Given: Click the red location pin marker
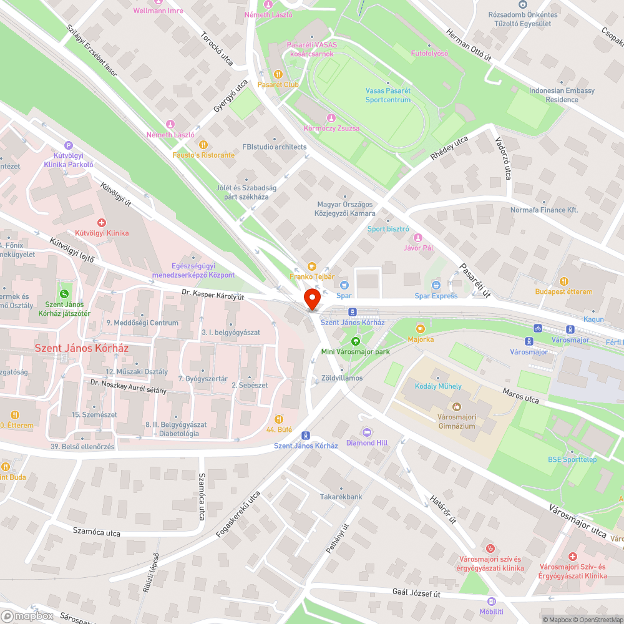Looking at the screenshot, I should click(x=312, y=300).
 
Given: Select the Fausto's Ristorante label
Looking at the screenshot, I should click(x=204, y=155).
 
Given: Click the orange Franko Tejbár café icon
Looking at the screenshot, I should click(x=312, y=266).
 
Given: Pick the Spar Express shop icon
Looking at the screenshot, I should click(x=436, y=285).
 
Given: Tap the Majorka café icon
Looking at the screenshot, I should click(x=421, y=328).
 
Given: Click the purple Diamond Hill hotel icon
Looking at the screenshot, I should click(x=367, y=432).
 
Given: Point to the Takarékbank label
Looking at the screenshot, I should click(x=341, y=497).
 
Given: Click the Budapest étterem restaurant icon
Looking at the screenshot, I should click(x=564, y=281).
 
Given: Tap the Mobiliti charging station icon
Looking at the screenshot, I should click(x=492, y=601).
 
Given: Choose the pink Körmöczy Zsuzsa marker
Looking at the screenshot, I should click(x=331, y=117).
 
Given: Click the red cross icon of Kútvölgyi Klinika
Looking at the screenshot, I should click(x=102, y=222).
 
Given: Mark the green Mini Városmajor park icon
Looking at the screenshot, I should click(x=355, y=341).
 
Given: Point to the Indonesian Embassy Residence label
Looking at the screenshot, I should click(x=562, y=95).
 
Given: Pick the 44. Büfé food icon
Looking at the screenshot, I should click(x=279, y=419).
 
